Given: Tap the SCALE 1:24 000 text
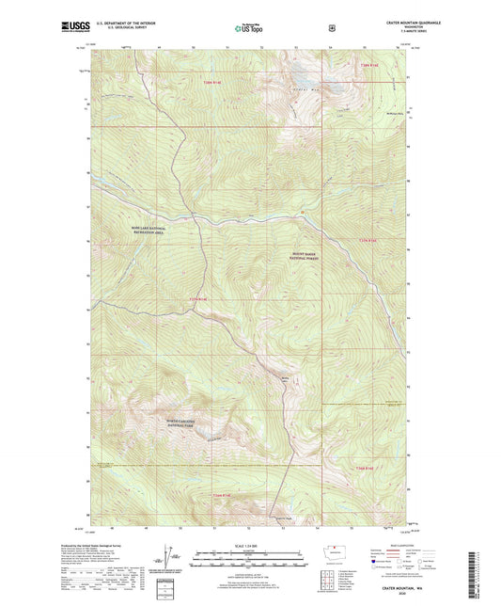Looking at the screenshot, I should click(250, 545).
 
